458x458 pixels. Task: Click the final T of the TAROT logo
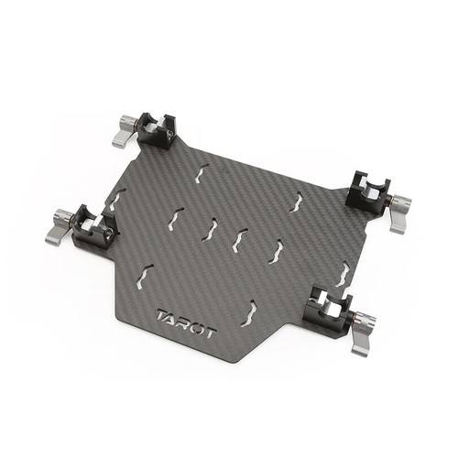(212, 332)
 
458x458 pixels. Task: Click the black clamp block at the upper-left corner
(158, 131)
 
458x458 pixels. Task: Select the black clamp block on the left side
(94, 225)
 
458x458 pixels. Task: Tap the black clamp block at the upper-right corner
(369, 190)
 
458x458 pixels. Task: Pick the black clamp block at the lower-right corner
(328, 310)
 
